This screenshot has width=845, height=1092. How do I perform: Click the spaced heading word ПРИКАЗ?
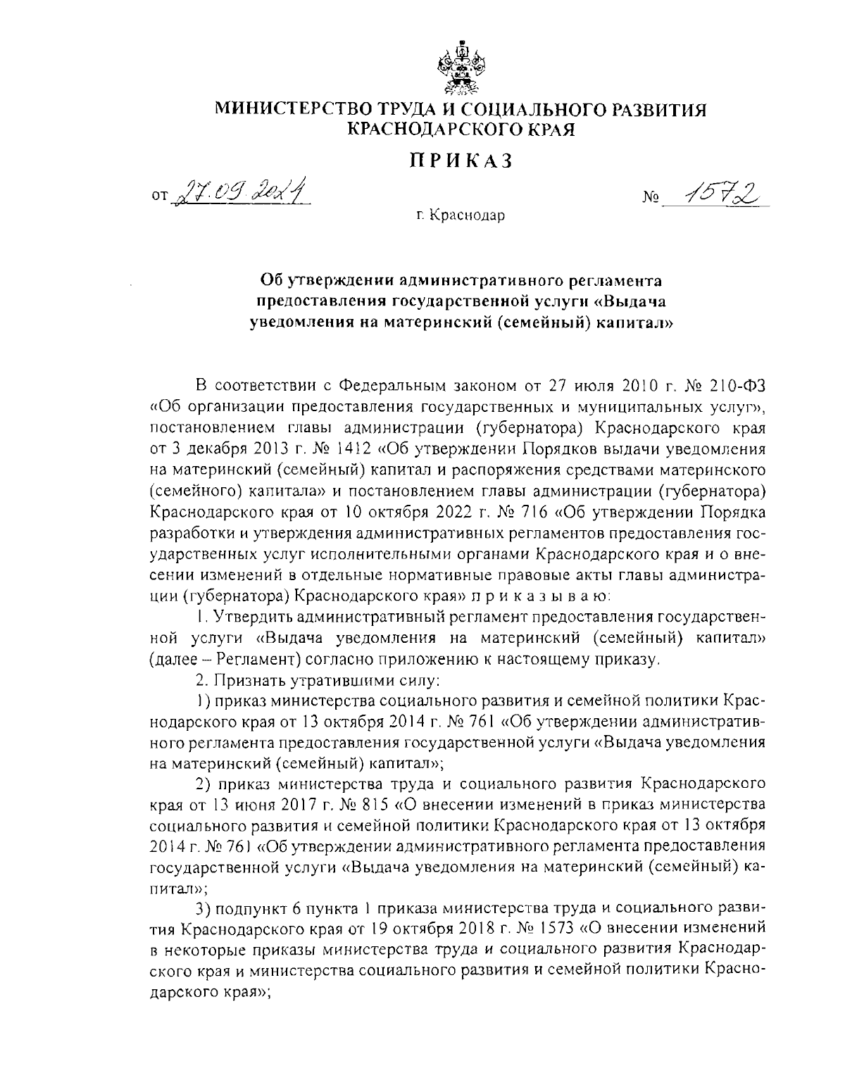pos(461,161)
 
